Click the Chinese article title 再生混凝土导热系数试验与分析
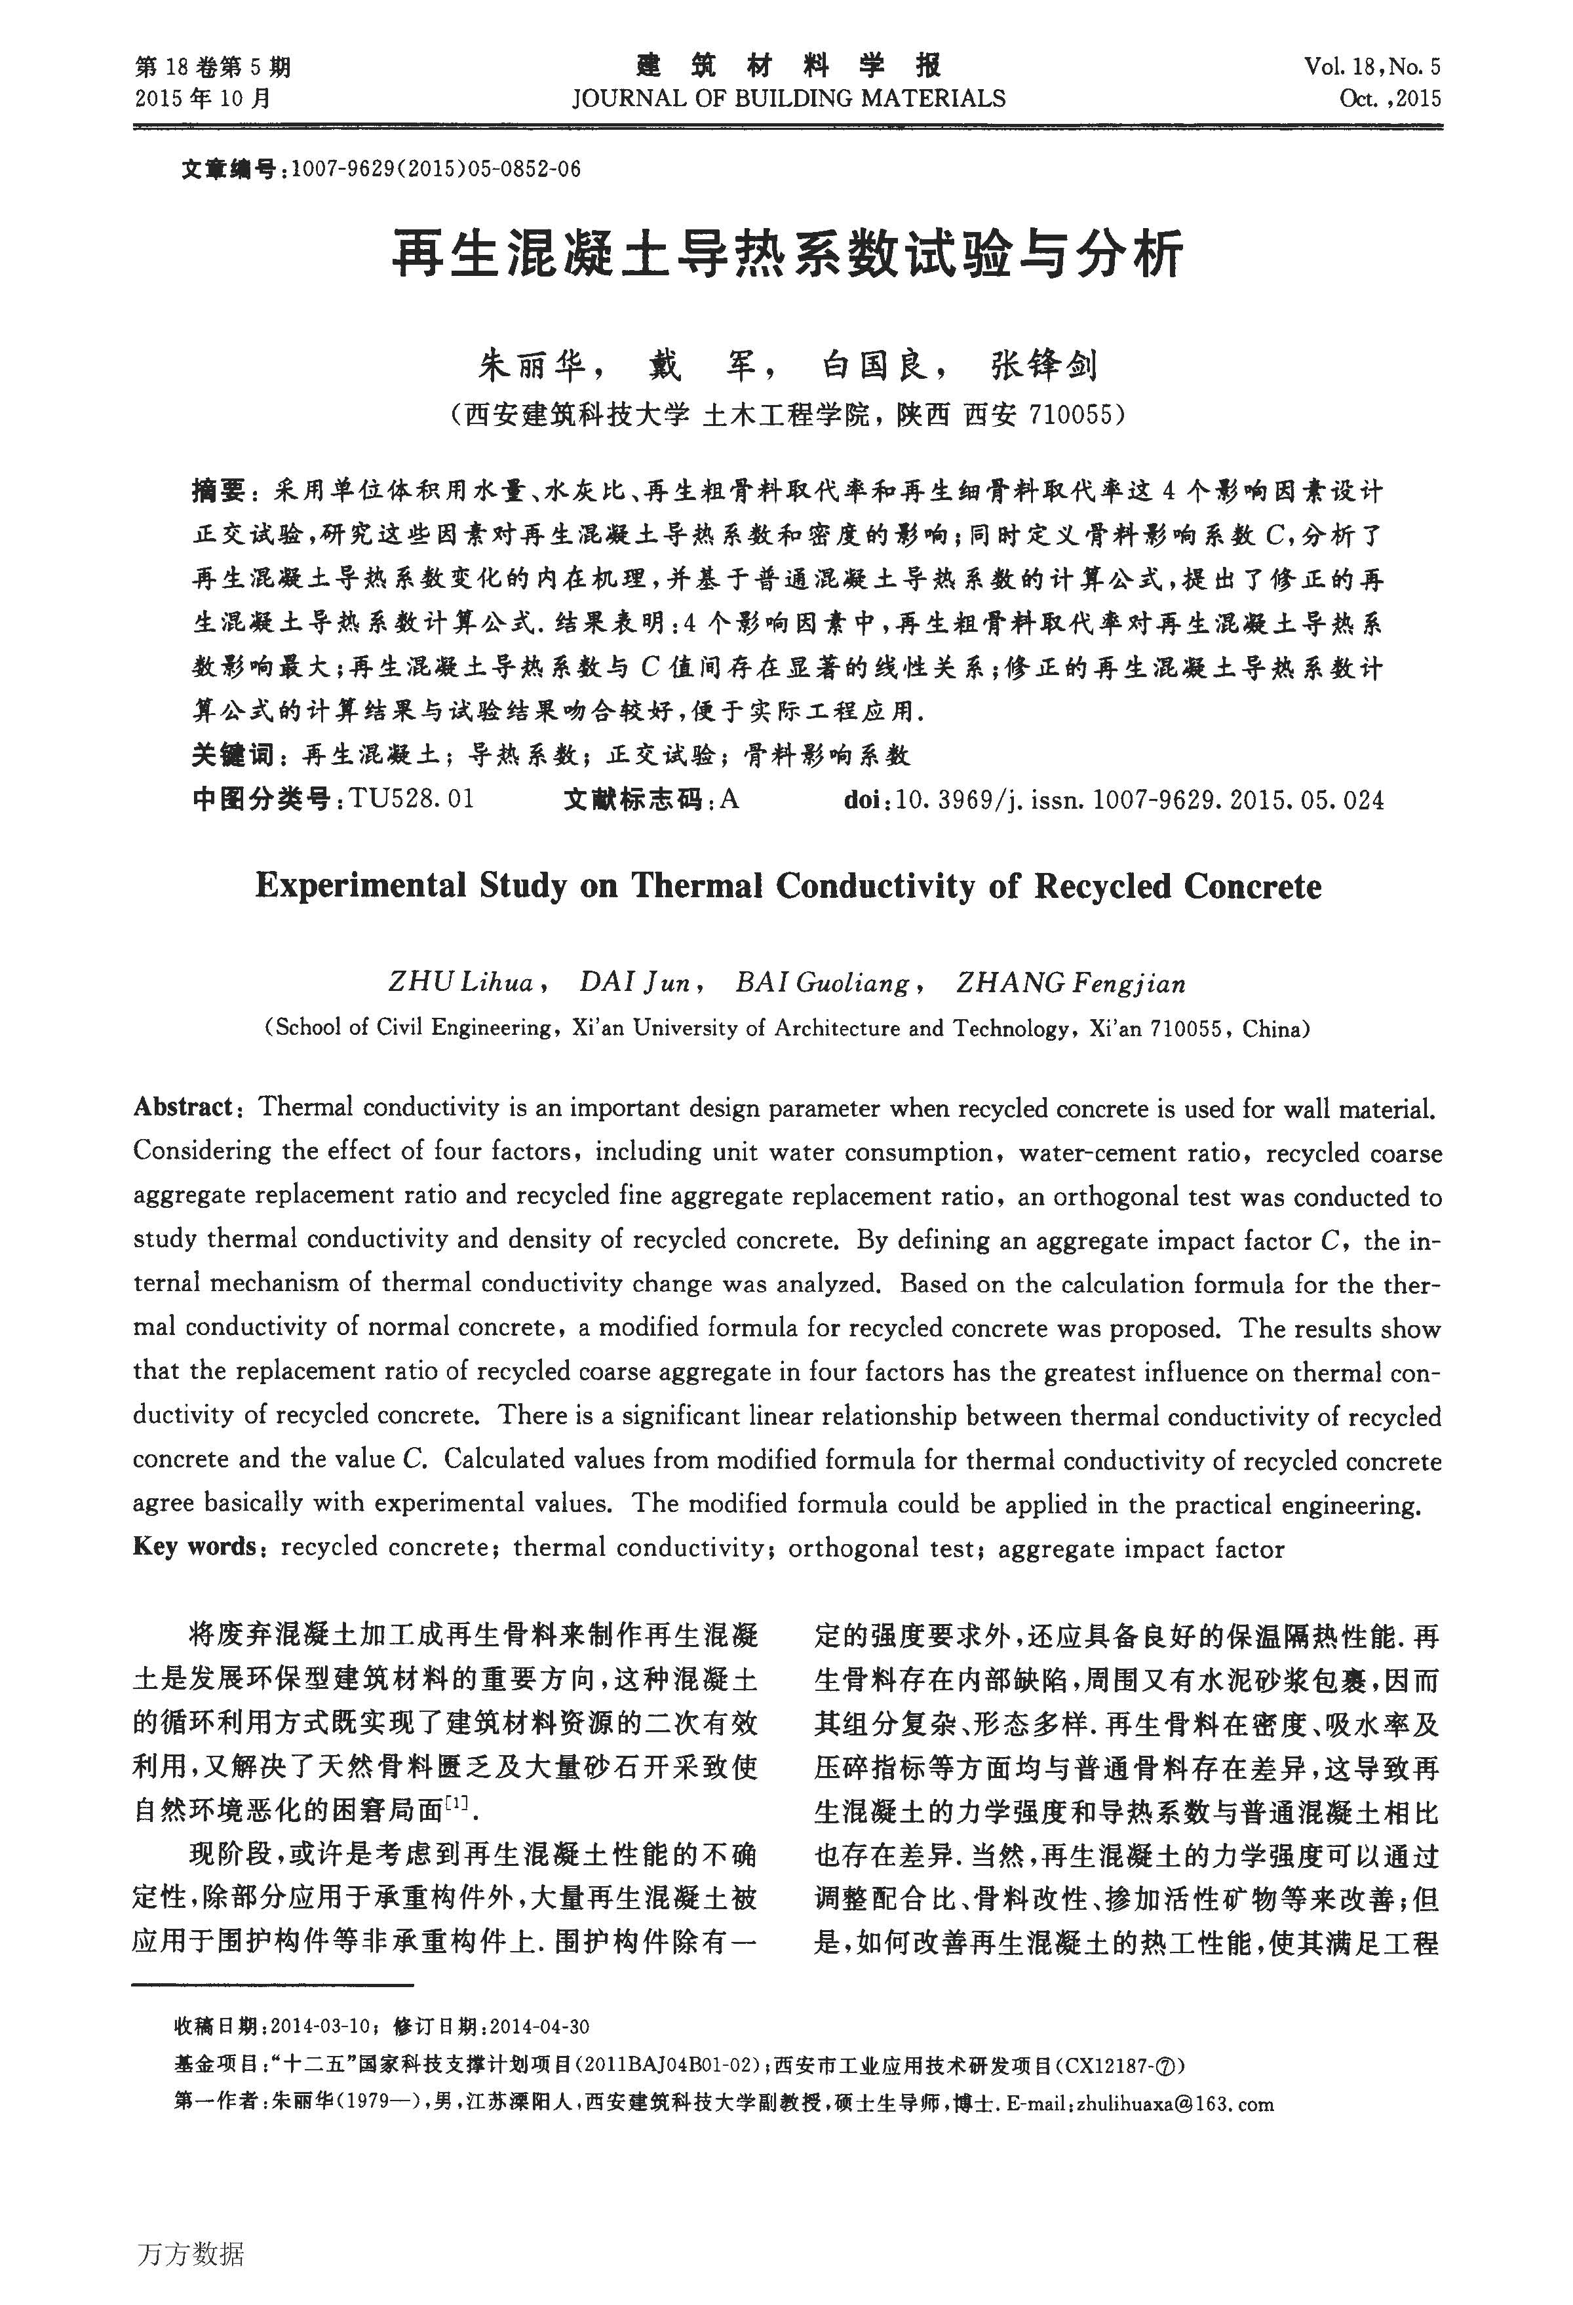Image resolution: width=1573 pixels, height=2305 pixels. coord(786,254)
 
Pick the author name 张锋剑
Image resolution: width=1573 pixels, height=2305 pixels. coord(1044,366)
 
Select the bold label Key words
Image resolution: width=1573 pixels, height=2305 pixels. coord(195,1547)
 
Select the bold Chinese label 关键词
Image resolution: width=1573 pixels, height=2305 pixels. coord(232,756)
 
